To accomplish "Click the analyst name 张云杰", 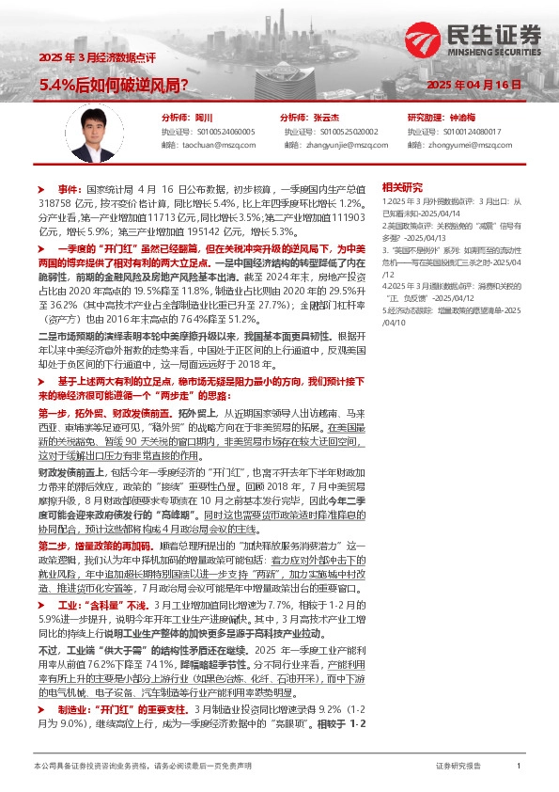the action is pos(326,118).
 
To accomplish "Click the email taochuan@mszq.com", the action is pos(219,145).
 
